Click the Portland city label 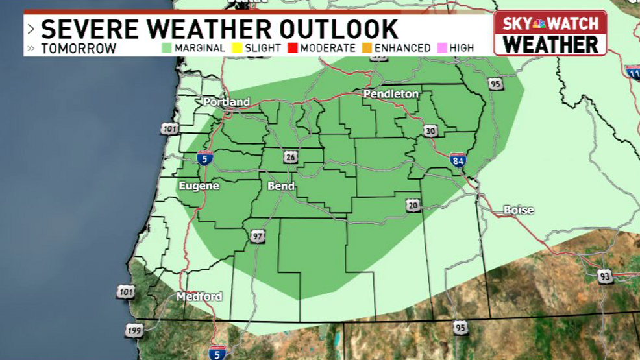[x=227, y=102]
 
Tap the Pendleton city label [x=391, y=94]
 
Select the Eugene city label [x=199, y=186]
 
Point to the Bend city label [x=281, y=186]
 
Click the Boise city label [x=519, y=210]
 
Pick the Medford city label [x=199, y=296]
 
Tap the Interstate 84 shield [x=458, y=160]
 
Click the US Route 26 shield [x=289, y=156]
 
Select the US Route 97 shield [x=258, y=236]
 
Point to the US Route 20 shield [x=413, y=206]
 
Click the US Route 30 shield [x=430, y=131]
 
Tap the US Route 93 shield [x=605, y=276]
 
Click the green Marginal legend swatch [x=166, y=48]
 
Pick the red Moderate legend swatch [x=292, y=48]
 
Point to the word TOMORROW [x=79, y=49]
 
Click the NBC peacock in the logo [x=539, y=25]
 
